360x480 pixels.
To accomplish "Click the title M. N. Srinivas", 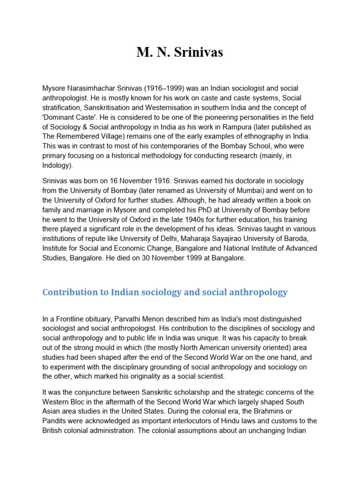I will (x=180, y=52).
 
